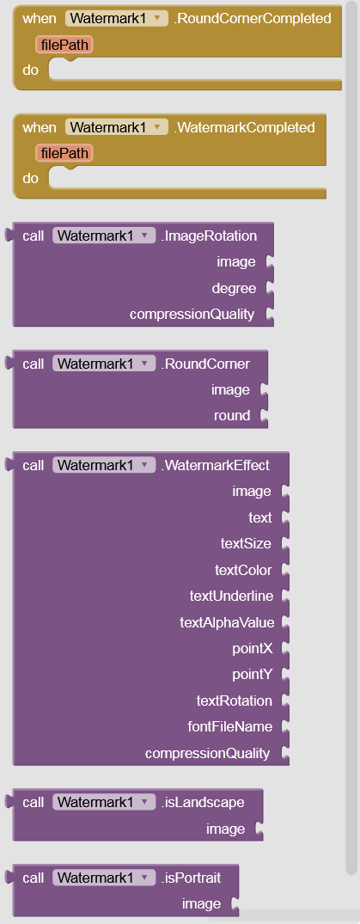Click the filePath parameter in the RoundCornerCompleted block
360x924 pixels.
point(64,45)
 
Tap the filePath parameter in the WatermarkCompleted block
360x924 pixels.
point(64,153)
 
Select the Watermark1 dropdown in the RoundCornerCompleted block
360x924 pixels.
point(115,18)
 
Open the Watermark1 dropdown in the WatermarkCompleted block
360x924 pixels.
point(115,127)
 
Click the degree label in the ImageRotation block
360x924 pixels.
point(234,288)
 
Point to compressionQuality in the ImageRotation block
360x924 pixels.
point(192,314)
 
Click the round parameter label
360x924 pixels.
point(232,415)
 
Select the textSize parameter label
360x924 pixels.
point(247,543)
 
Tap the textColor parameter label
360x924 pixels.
point(244,570)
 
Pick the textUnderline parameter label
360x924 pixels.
point(232,596)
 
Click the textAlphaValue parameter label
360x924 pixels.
point(227,621)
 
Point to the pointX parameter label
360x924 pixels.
point(253,648)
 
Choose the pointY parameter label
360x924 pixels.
point(253,674)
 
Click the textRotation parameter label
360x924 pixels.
point(235,701)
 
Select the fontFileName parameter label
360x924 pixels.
point(230,726)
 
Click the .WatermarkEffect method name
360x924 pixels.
point(215,466)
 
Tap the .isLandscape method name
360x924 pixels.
point(202,802)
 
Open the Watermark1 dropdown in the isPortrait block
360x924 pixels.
point(104,878)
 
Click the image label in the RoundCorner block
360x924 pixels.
point(230,389)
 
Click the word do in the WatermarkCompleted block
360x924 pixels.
point(31,178)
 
